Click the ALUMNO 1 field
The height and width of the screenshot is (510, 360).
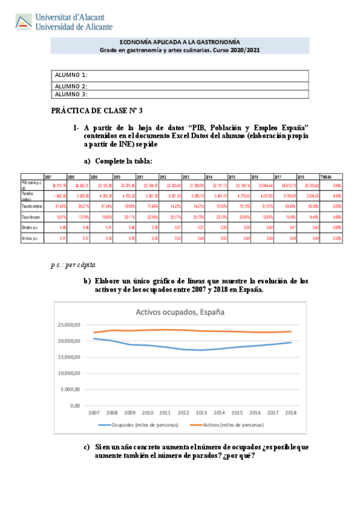pos(180,75)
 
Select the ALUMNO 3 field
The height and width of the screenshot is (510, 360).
pos(180,94)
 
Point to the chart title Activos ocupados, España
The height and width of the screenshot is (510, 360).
pos(180,312)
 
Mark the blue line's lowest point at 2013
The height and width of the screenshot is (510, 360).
pos(202,350)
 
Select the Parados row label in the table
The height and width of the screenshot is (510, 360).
pos(29,197)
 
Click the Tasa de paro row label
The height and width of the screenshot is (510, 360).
pos(30,218)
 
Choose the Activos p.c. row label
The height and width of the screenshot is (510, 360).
pos(30,239)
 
